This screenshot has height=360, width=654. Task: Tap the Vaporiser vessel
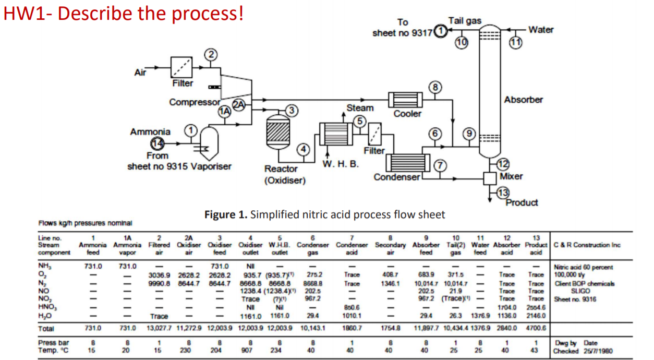(x=209, y=141)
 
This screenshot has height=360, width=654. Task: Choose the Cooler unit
(x=405, y=100)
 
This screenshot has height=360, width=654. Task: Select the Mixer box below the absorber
(x=490, y=177)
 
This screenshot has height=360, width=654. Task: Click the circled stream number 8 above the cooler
(x=436, y=87)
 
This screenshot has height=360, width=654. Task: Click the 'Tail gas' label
(x=465, y=21)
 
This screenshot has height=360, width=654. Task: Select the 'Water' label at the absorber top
(x=541, y=30)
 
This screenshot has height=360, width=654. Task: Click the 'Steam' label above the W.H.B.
(x=360, y=108)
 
